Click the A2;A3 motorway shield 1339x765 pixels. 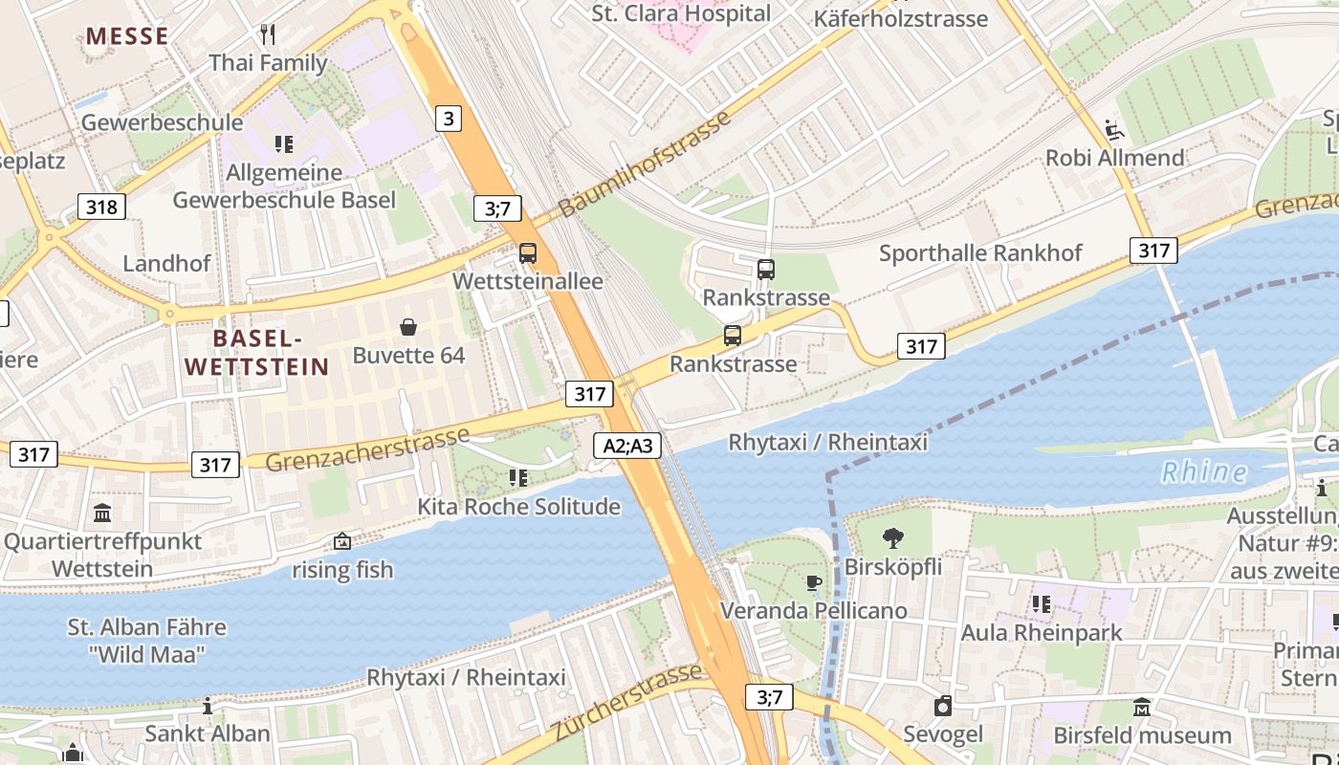click(x=632, y=445)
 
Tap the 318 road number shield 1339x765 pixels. click(x=100, y=207)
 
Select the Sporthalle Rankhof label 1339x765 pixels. click(x=980, y=253)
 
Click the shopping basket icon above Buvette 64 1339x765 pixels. click(x=408, y=328)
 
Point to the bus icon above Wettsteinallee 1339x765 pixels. click(x=527, y=253)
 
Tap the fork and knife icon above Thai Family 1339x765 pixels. click(x=268, y=35)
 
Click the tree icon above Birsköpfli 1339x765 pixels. click(x=892, y=538)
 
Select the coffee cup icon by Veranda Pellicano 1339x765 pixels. click(x=813, y=582)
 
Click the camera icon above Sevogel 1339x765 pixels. click(x=943, y=707)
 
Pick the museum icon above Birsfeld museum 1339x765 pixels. click(x=1142, y=708)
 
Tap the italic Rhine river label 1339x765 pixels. click(x=1203, y=472)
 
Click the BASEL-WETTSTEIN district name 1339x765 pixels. click(x=256, y=352)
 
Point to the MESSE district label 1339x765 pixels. click(x=127, y=36)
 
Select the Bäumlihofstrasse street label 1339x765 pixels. click(x=646, y=164)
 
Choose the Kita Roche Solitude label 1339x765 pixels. click(x=518, y=507)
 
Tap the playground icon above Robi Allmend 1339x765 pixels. click(x=1111, y=129)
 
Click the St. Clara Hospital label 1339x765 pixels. click(x=680, y=13)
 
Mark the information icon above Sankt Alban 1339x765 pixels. click(x=208, y=707)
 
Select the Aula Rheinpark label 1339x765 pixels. click(x=1042, y=632)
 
